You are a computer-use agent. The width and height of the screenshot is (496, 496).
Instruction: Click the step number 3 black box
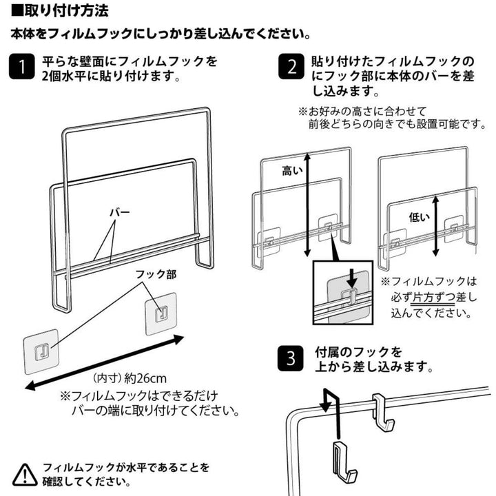[291, 359]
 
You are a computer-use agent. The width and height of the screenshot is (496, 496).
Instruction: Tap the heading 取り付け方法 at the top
[59, 12]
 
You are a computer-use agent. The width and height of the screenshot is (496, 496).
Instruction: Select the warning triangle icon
[25, 474]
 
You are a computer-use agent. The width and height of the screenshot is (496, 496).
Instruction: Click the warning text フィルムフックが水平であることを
[125, 467]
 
